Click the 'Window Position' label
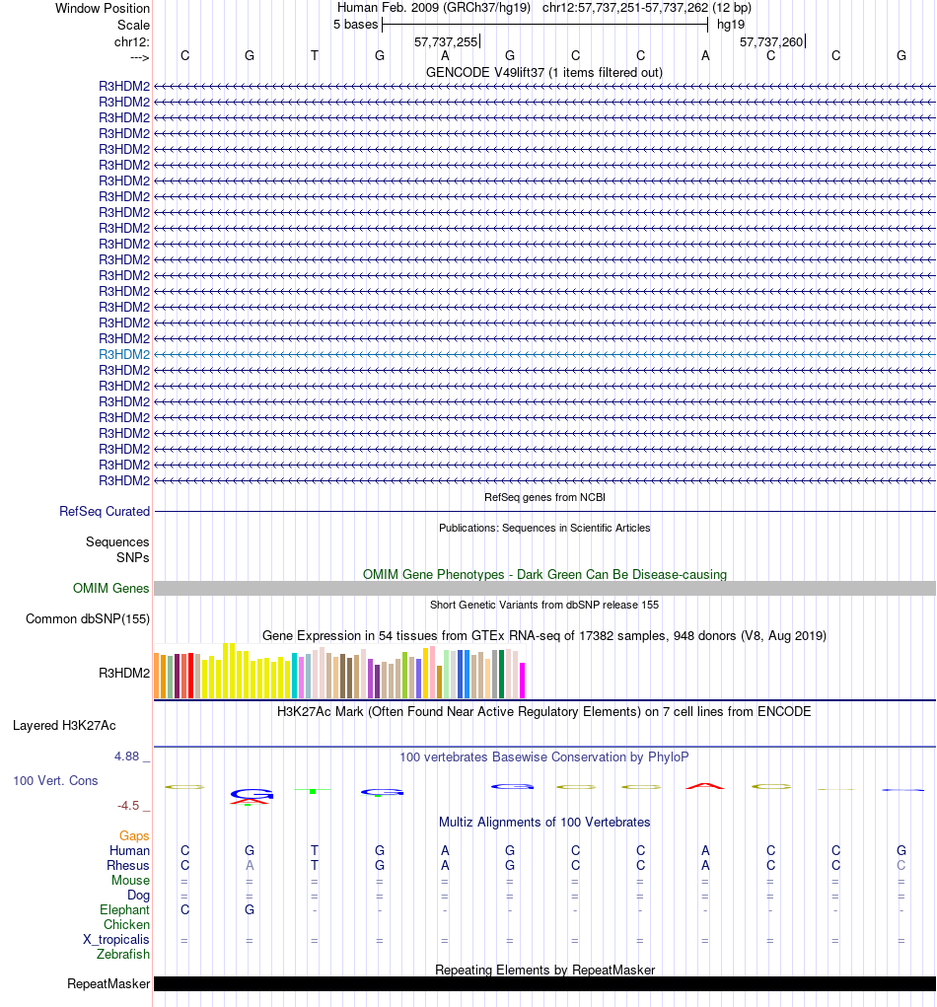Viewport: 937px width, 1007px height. coord(103,8)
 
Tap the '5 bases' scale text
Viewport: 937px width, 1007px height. coord(355,24)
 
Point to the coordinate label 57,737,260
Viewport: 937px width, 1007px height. coord(771,41)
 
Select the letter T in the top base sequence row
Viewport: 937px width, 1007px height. coord(315,55)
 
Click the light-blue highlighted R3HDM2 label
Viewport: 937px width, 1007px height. coord(124,354)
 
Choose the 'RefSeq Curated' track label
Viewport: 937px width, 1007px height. coord(105,512)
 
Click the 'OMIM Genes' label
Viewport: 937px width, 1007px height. coord(111,589)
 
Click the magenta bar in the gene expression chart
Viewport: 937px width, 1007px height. coord(523,680)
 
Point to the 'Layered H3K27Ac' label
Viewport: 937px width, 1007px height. coord(64,726)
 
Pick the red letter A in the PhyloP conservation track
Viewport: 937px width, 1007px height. coord(705,785)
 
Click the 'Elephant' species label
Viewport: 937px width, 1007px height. coord(124,909)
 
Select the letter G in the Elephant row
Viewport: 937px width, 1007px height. coord(250,909)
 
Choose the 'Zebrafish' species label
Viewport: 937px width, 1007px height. coord(123,955)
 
